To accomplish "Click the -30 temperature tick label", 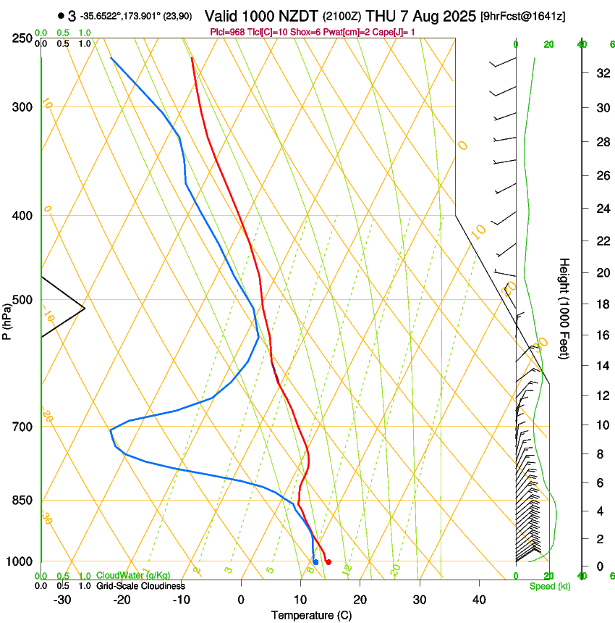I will click(x=62, y=600).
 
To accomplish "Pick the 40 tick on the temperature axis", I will click(x=478, y=600).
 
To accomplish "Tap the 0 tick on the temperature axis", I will click(x=241, y=600).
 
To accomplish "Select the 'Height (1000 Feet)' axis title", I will click(x=564, y=308).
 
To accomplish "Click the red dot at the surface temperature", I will click(x=328, y=561).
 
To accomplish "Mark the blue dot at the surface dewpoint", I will click(x=315, y=562).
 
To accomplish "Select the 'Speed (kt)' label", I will click(x=550, y=586).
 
